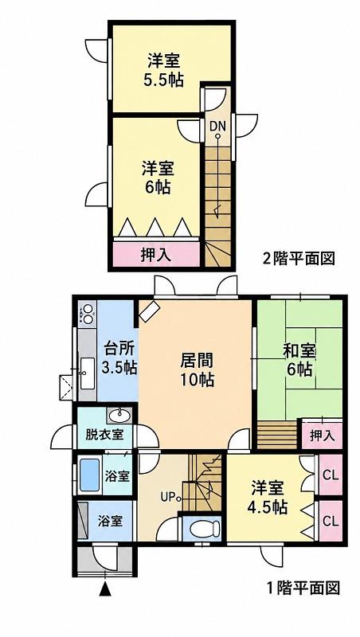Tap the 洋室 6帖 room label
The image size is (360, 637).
158,178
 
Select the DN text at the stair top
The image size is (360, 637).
217,126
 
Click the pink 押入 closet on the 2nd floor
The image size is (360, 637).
155,255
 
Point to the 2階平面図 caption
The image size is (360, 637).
299,258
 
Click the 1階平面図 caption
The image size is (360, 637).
303,588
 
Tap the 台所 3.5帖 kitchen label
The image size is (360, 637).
119,358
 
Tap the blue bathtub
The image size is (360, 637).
89,475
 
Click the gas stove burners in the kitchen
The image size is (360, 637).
87,314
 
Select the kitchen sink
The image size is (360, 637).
86,373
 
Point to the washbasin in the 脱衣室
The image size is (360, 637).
120,416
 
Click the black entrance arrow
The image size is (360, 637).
105,588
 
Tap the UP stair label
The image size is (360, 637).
168,496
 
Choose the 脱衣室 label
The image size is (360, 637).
104,435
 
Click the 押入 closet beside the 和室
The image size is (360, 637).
323,436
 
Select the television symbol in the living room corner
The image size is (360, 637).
150,312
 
